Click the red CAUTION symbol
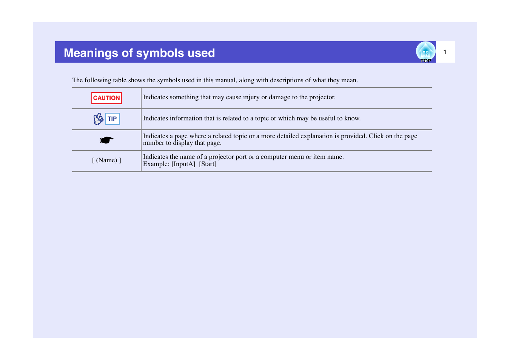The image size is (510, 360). point(106,98)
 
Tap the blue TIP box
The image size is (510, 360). point(112,119)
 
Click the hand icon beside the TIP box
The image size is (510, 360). point(98,119)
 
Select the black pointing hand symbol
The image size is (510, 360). point(106,140)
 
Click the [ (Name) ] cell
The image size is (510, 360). point(106,160)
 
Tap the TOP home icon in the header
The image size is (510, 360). point(425,52)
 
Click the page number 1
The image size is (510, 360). point(445,52)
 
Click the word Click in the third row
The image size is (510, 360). point(376,136)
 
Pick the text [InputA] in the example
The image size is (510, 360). point(183,164)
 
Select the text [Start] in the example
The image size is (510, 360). point(208,164)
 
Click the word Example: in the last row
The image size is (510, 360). point(156,164)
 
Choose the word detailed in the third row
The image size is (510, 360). point(288,136)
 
